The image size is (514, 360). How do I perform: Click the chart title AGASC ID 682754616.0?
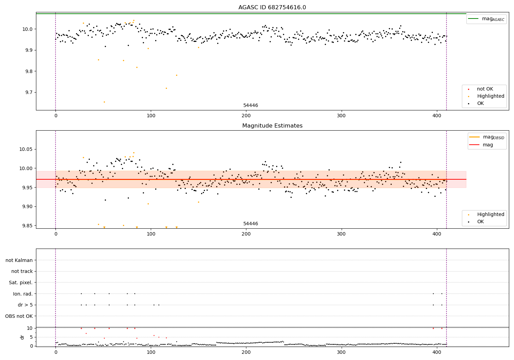pos(272,8)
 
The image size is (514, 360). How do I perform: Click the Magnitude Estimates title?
pos(272,126)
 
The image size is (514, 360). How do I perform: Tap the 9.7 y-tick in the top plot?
pos(28,93)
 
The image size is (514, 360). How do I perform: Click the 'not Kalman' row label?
pos(19,260)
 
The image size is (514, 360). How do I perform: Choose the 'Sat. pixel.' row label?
pos(21,283)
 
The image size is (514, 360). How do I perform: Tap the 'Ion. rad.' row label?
pos(23,294)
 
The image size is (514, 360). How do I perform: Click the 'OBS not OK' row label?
pos(19,316)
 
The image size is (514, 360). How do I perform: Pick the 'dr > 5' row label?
pos(25,305)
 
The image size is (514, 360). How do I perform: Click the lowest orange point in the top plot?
pos(104,102)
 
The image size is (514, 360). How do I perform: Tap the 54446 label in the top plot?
pos(250,106)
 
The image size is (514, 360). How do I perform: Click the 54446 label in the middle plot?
pos(250,224)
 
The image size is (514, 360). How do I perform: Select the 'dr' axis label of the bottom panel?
pos(22,337)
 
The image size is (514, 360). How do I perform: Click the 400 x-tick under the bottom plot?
pos(437,352)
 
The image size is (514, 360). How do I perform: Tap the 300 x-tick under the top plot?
pos(342,116)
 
